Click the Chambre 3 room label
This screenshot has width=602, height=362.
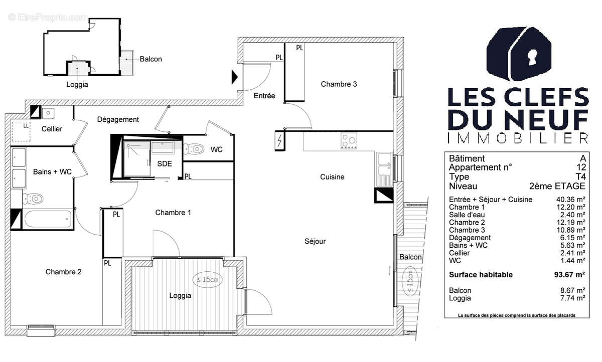[339, 84]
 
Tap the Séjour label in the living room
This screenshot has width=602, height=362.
[315, 241]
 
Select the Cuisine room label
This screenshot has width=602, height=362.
[332, 177]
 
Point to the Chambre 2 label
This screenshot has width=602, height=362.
[63, 272]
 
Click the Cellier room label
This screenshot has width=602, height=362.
[52, 129]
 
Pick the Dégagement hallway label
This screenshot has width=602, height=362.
[118, 119]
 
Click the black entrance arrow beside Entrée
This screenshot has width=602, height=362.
[234, 77]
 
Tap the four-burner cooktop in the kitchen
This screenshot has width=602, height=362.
[348, 140]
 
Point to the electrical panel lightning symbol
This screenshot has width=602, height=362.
[279, 140]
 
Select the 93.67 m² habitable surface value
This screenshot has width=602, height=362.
[571, 275]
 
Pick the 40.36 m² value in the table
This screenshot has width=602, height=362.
[572, 200]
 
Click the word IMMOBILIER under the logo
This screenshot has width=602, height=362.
[517, 138]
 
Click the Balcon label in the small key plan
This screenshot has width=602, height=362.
[150, 59]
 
